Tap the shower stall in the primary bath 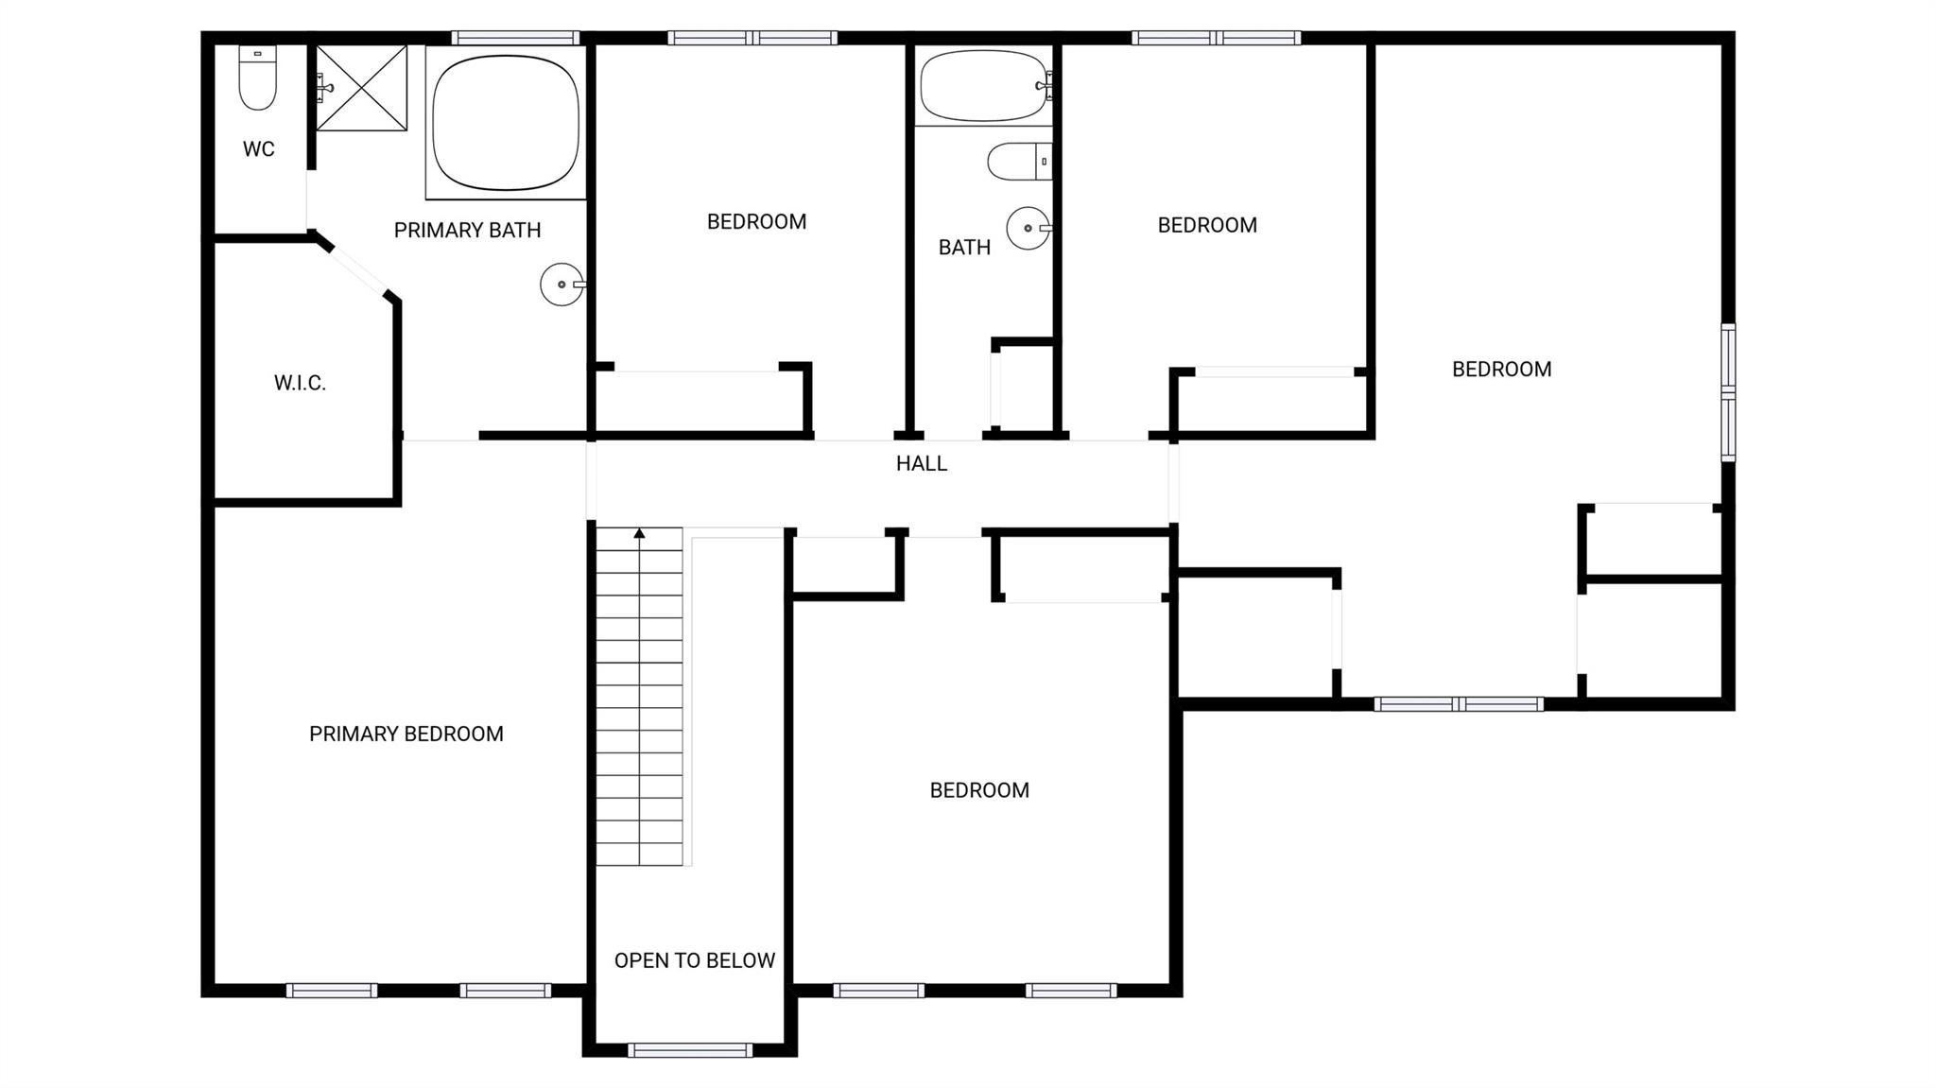[x=361, y=88]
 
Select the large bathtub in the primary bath [x=506, y=123]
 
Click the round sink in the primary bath [x=562, y=284]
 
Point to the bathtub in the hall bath [x=984, y=86]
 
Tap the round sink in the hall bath [x=1028, y=228]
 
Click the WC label [x=258, y=149]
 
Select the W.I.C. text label [x=300, y=383]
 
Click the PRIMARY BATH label [x=467, y=230]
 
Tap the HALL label [x=922, y=463]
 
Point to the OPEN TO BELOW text [x=695, y=960]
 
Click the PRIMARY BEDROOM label [x=406, y=734]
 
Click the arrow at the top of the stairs [x=639, y=534]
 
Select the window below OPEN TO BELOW [x=690, y=1050]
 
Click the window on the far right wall [x=1728, y=391]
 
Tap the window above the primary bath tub [x=515, y=38]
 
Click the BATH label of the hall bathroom [x=964, y=248]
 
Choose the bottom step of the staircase [x=639, y=855]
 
